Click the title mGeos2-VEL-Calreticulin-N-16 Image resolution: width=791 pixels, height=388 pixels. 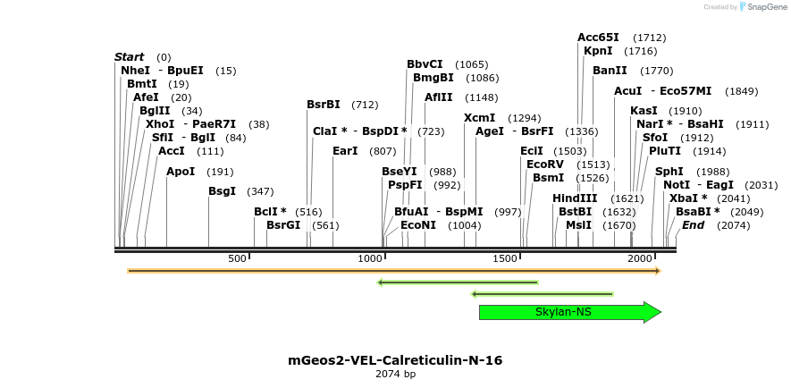pos(395,360)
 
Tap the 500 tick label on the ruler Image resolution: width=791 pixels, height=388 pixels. pos(238,258)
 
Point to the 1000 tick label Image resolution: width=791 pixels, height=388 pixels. pos(370,258)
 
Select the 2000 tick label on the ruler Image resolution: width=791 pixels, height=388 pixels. pos(640,258)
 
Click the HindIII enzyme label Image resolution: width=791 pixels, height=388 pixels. pos(575,198)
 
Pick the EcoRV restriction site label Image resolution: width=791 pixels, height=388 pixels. pos(545,164)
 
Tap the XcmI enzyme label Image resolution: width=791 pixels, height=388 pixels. pos(479,118)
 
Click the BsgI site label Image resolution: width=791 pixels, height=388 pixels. pos(223,190)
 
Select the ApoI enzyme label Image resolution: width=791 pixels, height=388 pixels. pos(181,171)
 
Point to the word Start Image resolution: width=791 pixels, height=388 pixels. pos(129,57)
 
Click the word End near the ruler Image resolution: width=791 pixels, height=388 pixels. pos(693,224)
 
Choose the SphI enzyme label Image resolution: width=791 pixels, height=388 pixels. pos(669,171)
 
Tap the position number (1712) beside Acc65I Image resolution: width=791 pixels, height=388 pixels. pos(649,38)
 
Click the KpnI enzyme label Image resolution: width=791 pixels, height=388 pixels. pos(598,51)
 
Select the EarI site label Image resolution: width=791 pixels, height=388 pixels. pos(345,151)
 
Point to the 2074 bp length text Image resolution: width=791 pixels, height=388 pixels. pos(395,374)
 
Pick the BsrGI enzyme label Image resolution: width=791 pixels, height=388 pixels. pos(283,224)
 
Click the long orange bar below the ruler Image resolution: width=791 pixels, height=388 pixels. pos(393,270)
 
